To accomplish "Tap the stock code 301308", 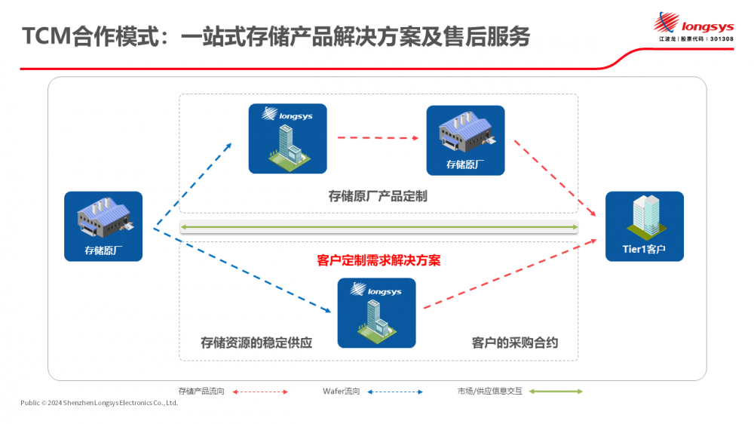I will click(719, 38).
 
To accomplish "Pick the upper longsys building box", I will click(287, 139).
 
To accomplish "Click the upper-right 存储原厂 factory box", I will click(465, 140).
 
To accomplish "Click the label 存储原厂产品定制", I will click(378, 197).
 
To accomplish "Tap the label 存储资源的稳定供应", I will click(256, 343).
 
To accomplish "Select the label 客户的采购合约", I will click(515, 343).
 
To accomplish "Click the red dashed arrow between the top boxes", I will click(376, 138).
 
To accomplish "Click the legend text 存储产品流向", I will click(201, 392).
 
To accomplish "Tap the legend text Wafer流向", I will click(341, 392).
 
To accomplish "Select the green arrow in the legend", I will click(556, 392).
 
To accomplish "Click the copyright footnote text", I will click(99, 403).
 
